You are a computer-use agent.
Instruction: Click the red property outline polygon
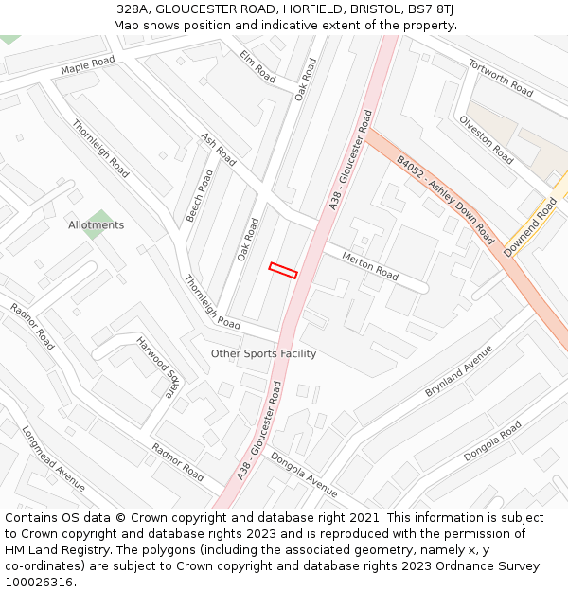pyautogui.click(x=283, y=271)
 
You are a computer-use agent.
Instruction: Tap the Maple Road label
pyautogui.click(x=87, y=65)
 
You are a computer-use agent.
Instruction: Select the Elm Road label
pyautogui.click(x=257, y=66)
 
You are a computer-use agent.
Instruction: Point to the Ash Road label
pyautogui.click(x=218, y=150)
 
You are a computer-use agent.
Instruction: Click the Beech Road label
pyautogui.click(x=200, y=196)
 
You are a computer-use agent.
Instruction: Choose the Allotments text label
pyautogui.click(x=96, y=225)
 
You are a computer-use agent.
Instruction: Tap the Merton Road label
pyautogui.click(x=370, y=266)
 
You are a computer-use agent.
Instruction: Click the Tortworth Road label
pyautogui.click(x=501, y=77)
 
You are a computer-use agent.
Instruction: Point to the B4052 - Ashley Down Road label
pyautogui.click(x=445, y=200)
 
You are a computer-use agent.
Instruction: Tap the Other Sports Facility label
pyautogui.click(x=263, y=354)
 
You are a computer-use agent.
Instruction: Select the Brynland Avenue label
pyautogui.click(x=459, y=370)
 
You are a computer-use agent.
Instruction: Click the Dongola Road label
pyautogui.click(x=492, y=441)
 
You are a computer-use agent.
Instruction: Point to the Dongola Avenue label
pyautogui.click(x=304, y=475)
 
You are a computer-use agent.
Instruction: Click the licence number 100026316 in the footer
pyautogui.click(x=40, y=582)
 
